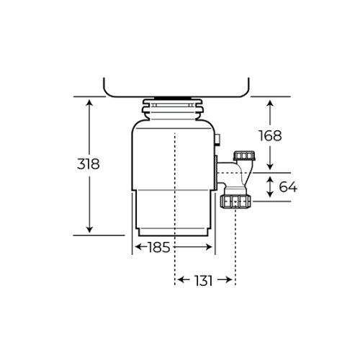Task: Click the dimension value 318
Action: coord(88,163)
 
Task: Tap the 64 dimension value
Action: coord(287,187)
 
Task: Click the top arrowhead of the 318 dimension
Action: coord(89,102)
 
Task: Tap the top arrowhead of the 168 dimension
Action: coord(270,102)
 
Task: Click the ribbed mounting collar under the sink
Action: coord(176,109)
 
